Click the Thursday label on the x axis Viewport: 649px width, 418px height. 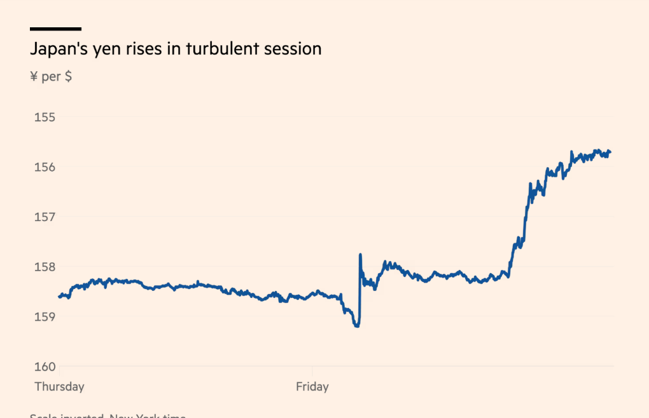click(x=59, y=386)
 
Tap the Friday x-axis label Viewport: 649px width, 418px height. click(x=312, y=386)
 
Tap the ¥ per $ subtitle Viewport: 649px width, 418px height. click(x=51, y=77)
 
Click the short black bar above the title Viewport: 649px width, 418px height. click(x=55, y=29)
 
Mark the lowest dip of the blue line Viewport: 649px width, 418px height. click(x=357, y=326)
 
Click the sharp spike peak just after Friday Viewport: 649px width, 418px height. click(x=360, y=255)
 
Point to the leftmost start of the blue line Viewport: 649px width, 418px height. click(x=59, y=296)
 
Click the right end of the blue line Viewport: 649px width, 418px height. click(x=610, y=152)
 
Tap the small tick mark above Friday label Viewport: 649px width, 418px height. click(x=312, y=370)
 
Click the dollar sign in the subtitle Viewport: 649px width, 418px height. click(x=68, y=77)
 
